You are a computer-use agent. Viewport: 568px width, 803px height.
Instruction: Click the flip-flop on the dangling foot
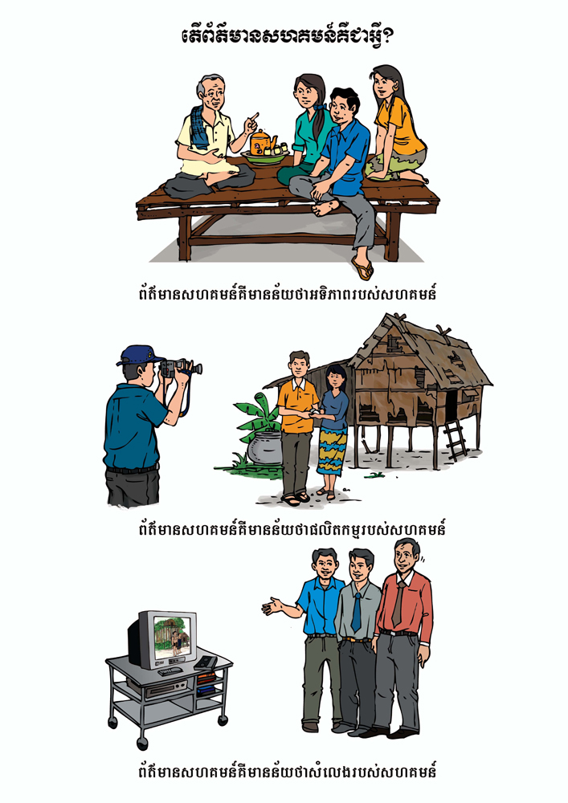click(x=362, y=268)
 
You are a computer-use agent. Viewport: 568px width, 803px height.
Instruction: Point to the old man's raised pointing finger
click(x=254, y=118)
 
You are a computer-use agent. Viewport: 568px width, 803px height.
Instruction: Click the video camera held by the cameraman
click(x=179, y=368)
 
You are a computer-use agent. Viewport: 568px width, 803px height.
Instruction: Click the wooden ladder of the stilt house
click(x=455, y=440)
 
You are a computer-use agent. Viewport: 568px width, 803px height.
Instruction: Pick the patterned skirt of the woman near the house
click(x=331, y=450)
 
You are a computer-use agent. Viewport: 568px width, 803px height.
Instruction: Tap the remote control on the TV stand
click(x=206, y=662)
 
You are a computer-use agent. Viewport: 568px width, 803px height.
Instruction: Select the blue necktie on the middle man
click(x=356, y=612)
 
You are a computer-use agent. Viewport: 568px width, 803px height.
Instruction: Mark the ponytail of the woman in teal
click(x=321, y=124)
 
